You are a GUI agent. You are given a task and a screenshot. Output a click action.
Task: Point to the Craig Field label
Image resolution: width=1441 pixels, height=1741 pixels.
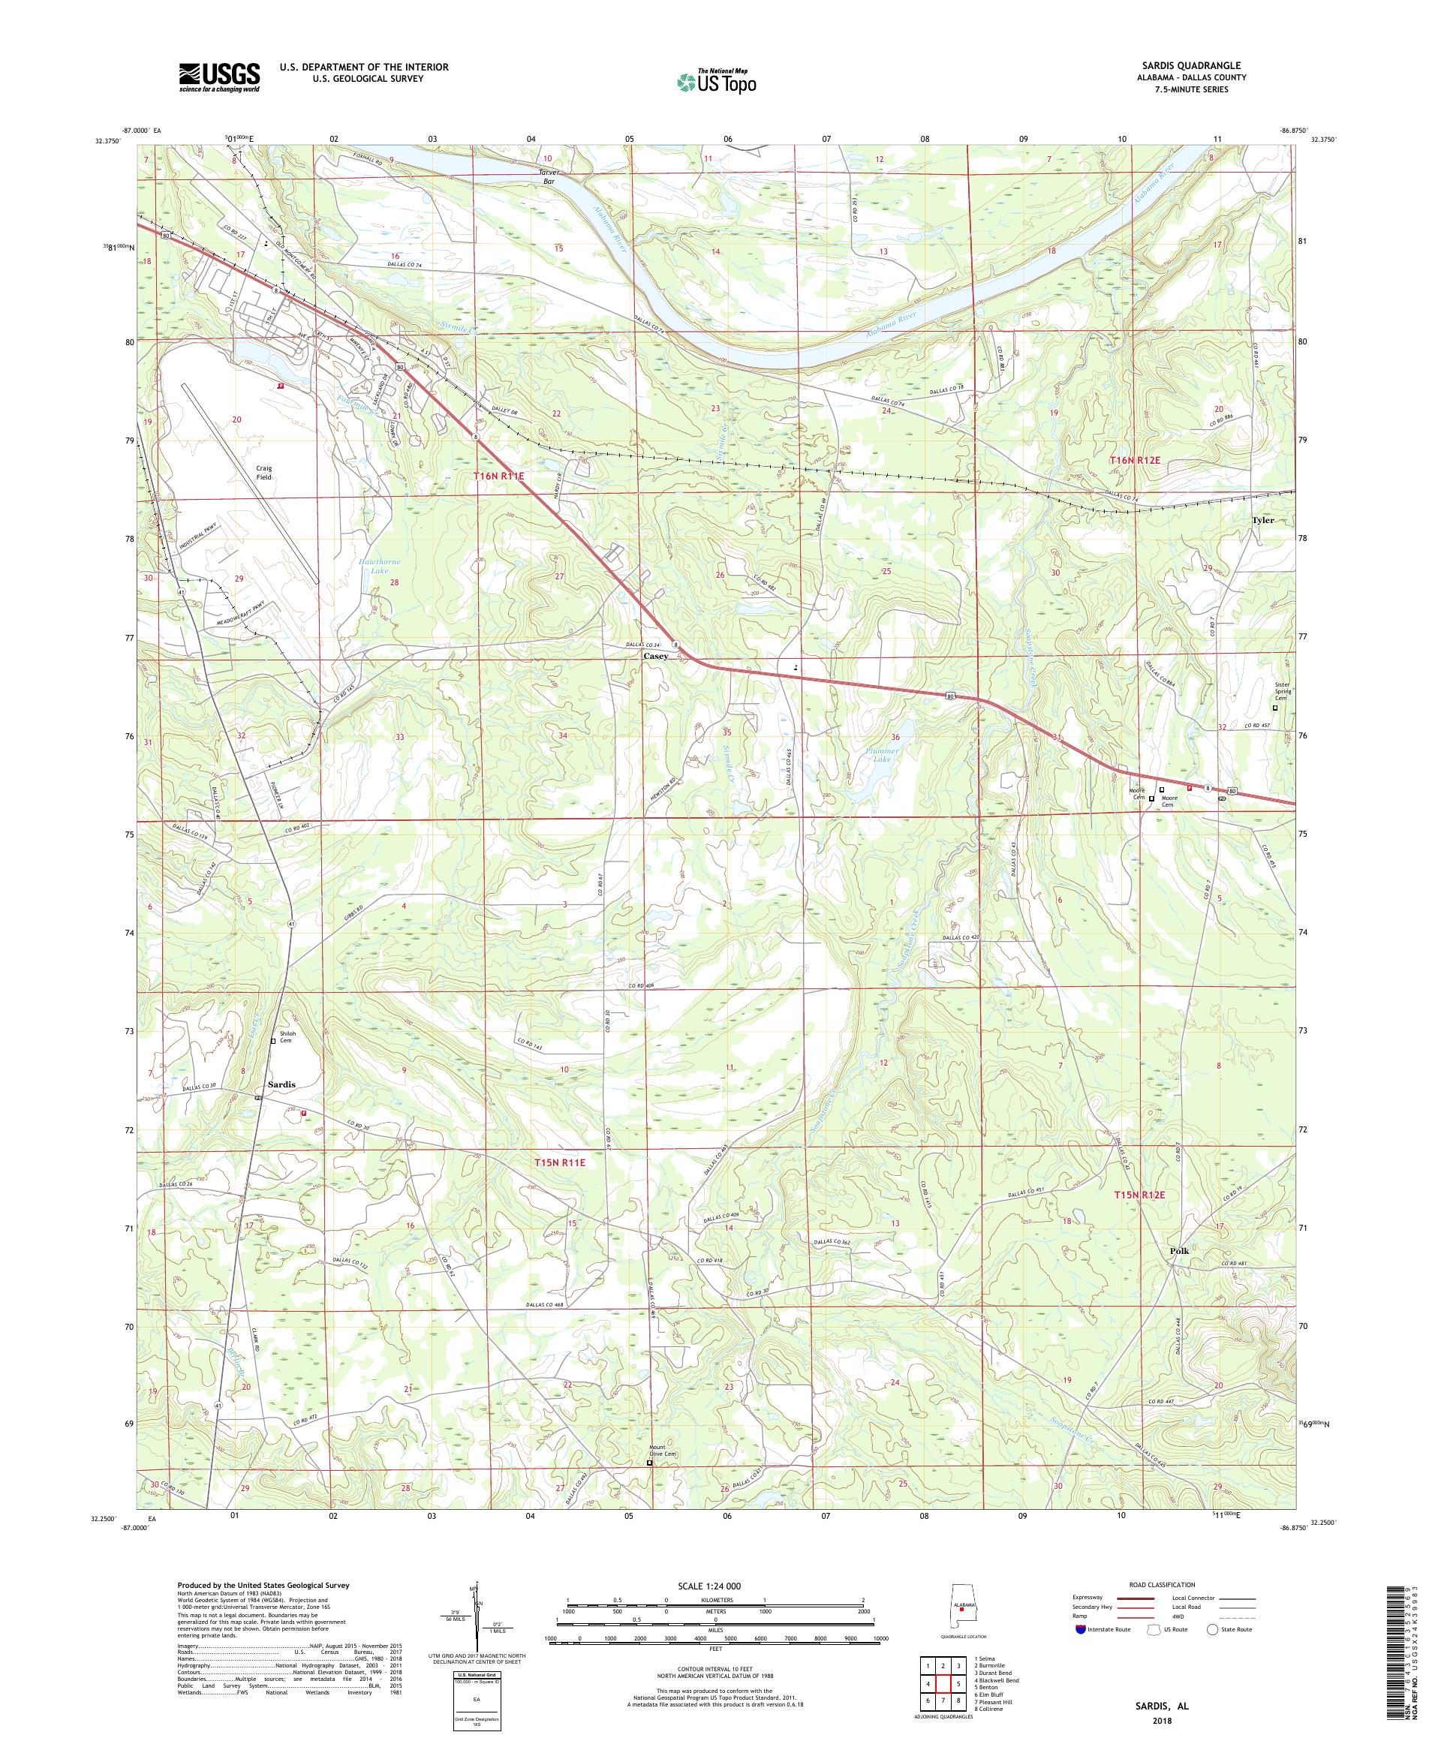click(x=263, y=472)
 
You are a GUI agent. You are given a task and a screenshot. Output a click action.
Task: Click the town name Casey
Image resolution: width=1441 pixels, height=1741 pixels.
click(x=656, y=656)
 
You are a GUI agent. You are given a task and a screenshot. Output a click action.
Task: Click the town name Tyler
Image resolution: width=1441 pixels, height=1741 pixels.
click(x=1262, y=520)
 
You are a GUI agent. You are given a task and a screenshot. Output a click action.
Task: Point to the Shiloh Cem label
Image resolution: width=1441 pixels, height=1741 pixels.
click(x=287, y=1042)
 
